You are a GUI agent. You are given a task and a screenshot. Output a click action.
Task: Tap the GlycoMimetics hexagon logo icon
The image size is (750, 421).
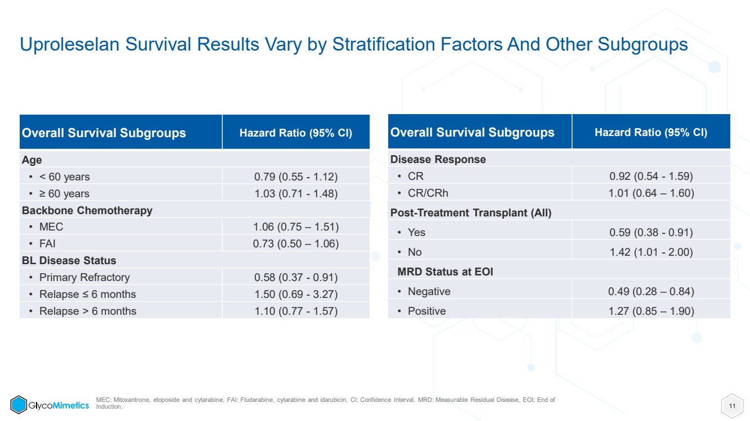19,405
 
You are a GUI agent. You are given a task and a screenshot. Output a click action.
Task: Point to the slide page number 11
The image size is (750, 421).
732,406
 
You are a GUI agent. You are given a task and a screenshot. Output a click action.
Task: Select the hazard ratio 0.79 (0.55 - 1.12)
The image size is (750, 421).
296,176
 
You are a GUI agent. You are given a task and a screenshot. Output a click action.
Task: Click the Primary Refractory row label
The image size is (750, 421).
84,277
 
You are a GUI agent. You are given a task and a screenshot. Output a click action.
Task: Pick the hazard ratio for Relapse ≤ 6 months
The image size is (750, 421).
296,294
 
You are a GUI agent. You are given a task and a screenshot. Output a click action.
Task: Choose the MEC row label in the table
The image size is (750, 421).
51,227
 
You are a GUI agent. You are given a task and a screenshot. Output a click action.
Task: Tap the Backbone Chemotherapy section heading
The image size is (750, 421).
87,210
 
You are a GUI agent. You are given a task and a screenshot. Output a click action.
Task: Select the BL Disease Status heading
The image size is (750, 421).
69,260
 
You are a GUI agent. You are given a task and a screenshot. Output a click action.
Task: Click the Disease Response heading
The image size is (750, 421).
438,159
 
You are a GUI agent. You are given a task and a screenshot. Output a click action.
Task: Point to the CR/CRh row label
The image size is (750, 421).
428,193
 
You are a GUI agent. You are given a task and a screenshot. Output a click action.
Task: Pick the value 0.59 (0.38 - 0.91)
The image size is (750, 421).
651,232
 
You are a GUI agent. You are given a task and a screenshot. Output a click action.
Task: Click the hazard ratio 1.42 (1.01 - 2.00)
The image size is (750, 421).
651,252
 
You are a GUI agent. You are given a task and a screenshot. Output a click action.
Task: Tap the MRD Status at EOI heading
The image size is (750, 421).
445,271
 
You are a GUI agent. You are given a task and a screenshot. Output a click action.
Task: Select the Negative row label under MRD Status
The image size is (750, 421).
429,291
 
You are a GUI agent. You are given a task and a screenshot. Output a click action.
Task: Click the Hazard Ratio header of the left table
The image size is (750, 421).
296,133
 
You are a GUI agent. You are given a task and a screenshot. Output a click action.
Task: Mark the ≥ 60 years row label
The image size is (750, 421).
64,193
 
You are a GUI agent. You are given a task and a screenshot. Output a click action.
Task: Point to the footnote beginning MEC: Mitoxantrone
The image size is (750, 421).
325,403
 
